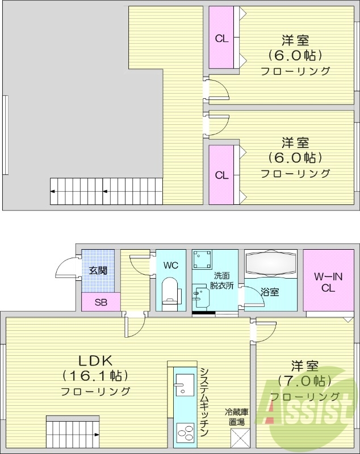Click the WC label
[171, 264]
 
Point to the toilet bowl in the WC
[170, 291]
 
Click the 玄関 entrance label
[98, 270]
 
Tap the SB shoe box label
[101, 302]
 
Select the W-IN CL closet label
[328, 281]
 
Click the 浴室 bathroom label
[270, 292]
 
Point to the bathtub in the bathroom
[271, 263]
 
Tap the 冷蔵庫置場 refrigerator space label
[237, 417]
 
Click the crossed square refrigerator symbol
[239, 438]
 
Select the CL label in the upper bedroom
[221, 39]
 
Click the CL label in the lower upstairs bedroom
[221, 175]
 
